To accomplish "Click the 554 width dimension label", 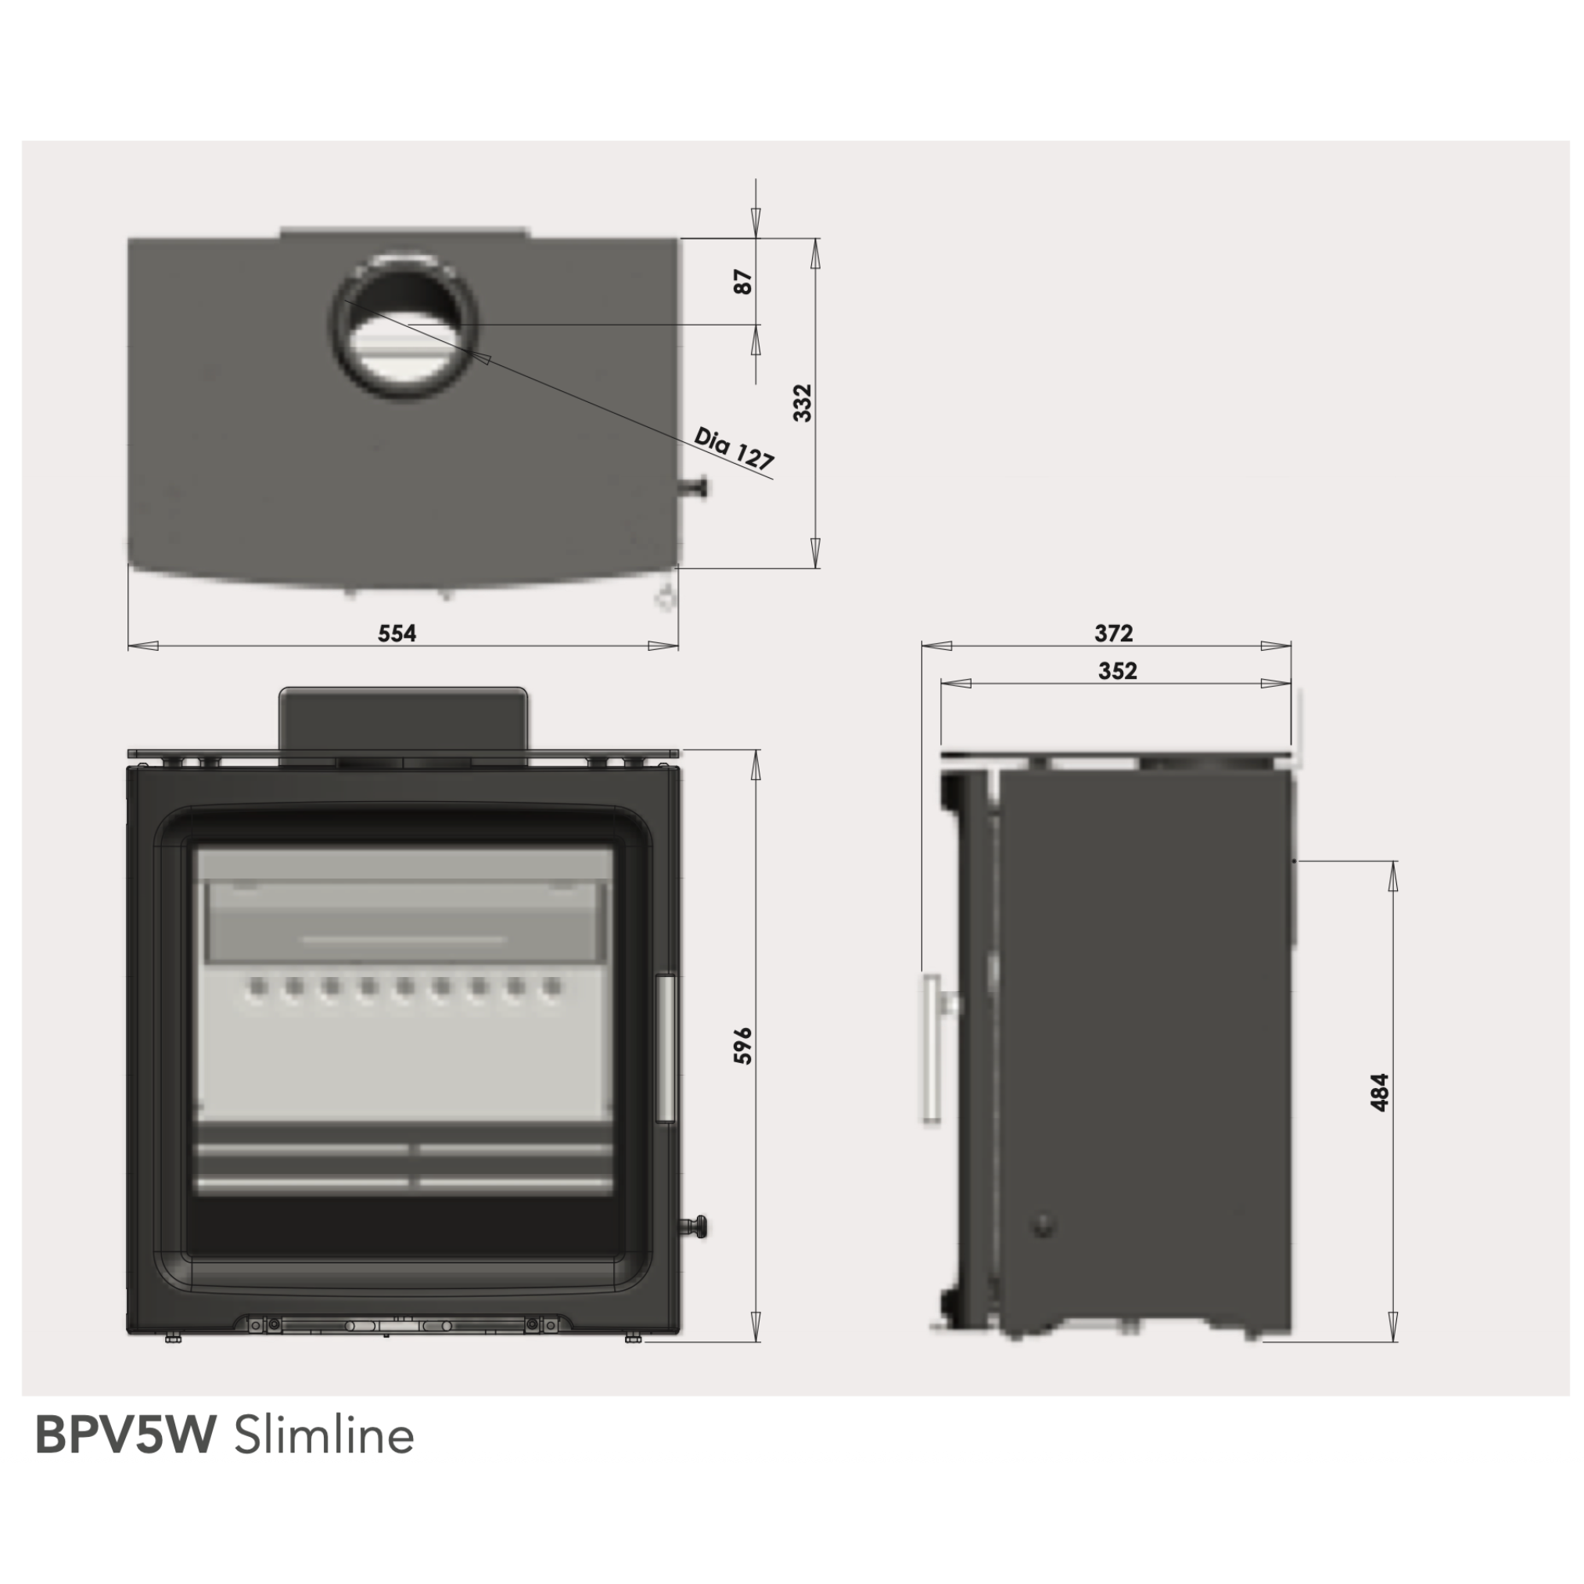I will tap(397, 633).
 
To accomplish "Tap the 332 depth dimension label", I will tap(803, 403).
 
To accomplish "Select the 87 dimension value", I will tap(743, 282).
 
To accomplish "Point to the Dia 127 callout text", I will tap(734, 449).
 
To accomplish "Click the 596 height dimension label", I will tap(742, 1045).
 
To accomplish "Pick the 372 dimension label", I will tap(1113, 633).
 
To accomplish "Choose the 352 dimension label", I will tap(1118, 670).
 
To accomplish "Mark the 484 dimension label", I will tap(1380, 1092).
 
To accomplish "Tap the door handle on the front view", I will tap(666, 1049).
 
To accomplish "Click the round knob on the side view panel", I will tap(1043, 1227).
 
